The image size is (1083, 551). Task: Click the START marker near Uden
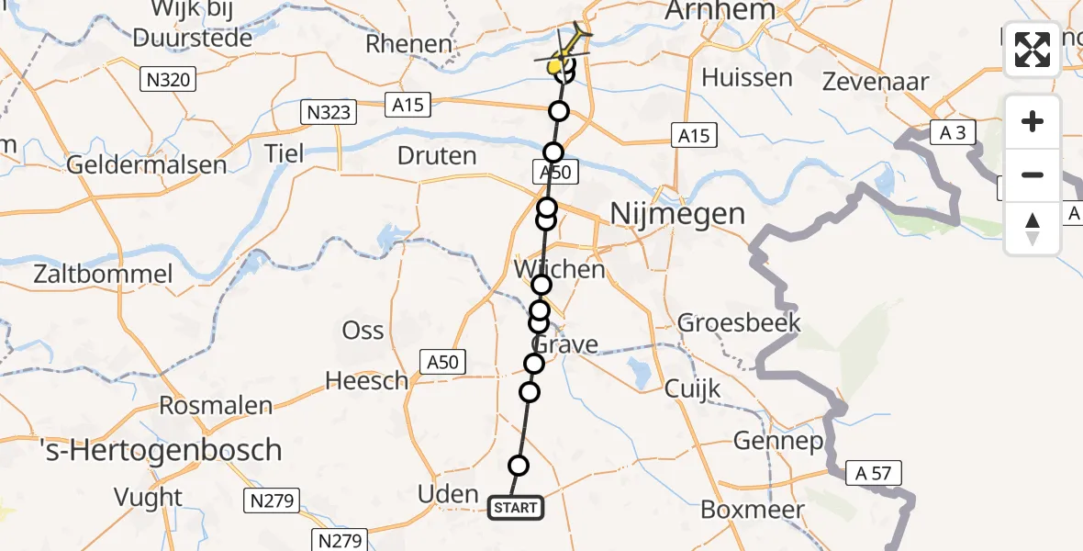click(515, 507)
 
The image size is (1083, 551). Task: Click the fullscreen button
click(1033, 50)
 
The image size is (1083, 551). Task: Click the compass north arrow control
click(1033, 229)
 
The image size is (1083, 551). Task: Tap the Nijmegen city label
click(677, 215)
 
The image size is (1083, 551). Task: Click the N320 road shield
click(168, 80)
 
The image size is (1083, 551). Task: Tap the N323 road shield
click(326, 113)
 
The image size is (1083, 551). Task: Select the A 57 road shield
click(874, 473)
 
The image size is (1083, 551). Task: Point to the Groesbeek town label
click(739, 322)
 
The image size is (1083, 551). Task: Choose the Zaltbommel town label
click(102, 274)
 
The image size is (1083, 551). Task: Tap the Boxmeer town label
click(752, 509)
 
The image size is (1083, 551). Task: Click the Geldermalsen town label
click(146, 165)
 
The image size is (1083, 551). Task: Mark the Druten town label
click(438, 156)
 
